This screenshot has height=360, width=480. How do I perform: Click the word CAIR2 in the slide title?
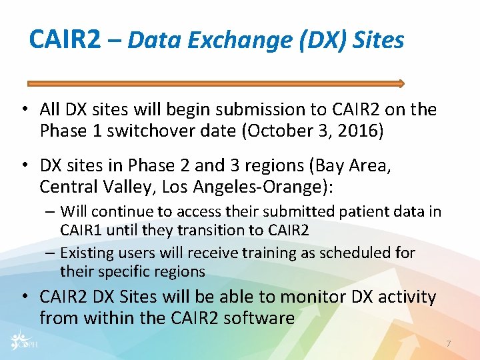coord(65,41)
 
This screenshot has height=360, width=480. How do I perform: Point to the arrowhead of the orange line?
coord(401,83)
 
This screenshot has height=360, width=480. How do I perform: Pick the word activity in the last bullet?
coord(401,297)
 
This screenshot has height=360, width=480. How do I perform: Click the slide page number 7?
coord(448,344)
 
